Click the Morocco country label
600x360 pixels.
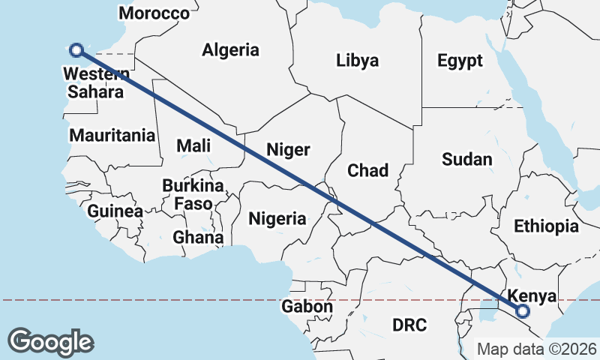pos(154,13)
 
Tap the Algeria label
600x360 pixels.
pos(230,50)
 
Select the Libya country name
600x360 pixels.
pos(357,61)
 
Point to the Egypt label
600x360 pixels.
pos(460,61)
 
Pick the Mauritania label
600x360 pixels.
pos(112,136)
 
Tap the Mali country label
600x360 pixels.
pos(193,146)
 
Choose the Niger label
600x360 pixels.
pos(288,150)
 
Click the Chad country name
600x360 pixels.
pos(367,171)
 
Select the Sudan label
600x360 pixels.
pos(466,159)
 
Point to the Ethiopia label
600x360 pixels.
pos(546,226)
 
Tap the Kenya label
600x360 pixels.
pos(532,295)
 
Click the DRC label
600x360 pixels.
pos(409,325)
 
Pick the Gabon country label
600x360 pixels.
pos(307,306)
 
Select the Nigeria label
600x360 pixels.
pos(277,218)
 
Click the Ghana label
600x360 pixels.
pos(198,238)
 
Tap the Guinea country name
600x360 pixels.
pos(115,211)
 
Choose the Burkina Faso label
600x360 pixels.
pos(193,194)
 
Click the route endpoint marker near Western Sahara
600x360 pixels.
pos(76,50)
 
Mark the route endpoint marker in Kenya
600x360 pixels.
pos(523,310)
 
